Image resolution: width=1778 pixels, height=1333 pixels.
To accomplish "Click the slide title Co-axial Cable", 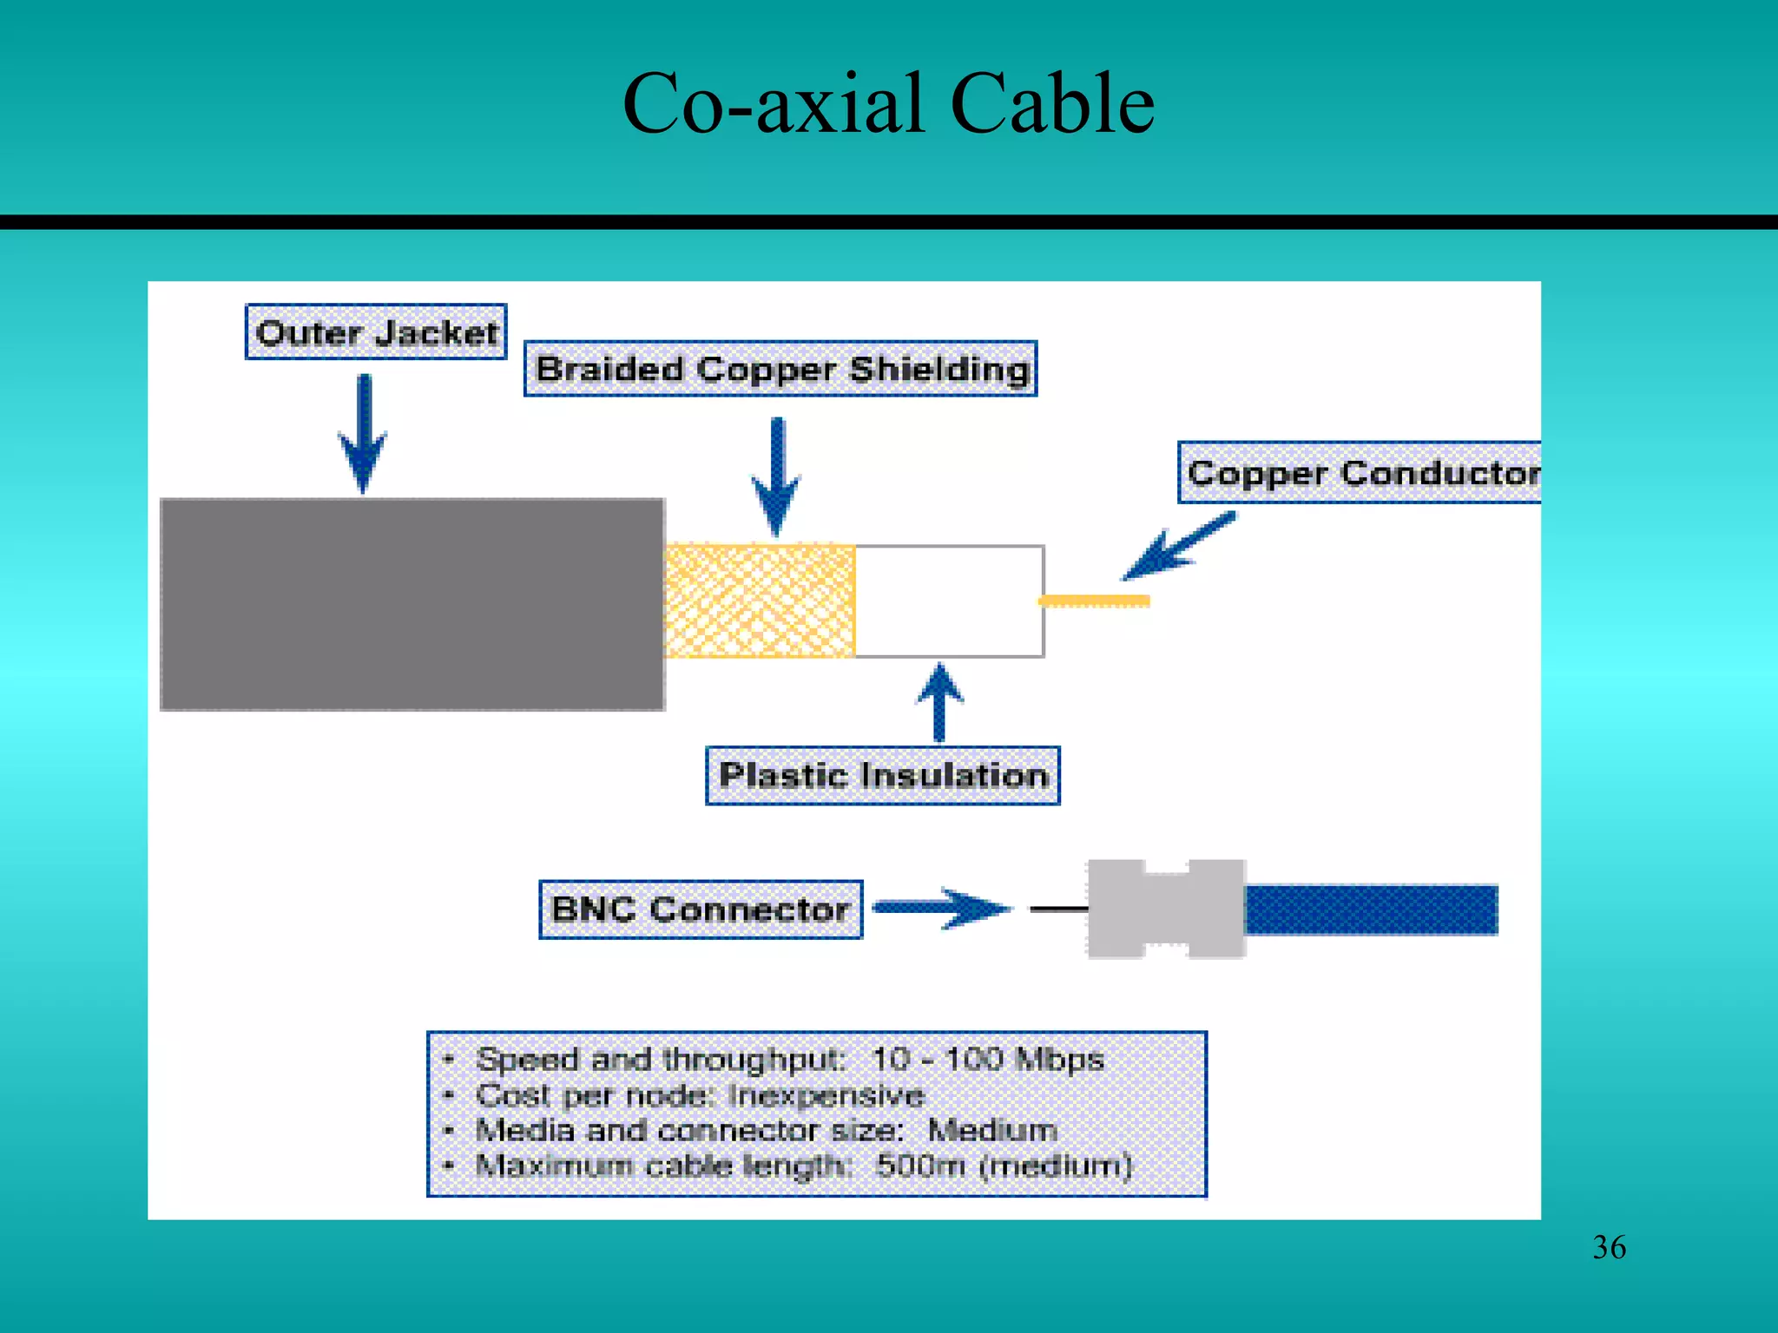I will (888, 104).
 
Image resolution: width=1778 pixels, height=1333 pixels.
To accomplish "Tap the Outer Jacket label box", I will (376, 332).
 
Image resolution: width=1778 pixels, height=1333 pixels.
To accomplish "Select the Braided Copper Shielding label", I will (780, 369).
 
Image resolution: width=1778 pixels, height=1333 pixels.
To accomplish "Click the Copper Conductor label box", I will (1360, 473).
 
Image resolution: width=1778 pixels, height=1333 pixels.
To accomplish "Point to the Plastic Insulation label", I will (883, 775).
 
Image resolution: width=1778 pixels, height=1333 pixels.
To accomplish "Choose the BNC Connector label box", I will (701, 909).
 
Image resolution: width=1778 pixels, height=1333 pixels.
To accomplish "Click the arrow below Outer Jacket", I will (364, 434).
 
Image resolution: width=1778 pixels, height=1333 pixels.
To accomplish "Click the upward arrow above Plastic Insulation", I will (939, 702).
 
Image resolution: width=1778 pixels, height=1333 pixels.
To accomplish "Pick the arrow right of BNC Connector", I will (942, 909).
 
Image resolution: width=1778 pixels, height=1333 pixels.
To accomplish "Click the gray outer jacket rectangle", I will (412, 604).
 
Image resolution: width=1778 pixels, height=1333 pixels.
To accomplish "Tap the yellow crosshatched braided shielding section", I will (760, 601).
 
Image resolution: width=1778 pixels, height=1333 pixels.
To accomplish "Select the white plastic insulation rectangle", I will (949, 601).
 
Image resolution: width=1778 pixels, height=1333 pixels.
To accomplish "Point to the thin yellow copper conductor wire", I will (1095, 601).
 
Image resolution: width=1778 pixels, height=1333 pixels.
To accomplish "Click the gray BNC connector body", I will (1166, 909).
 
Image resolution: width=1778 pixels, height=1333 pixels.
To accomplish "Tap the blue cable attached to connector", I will (1371, 909).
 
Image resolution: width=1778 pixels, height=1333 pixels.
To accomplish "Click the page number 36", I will (1609, 1247).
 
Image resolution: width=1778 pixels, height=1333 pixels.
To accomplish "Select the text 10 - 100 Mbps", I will (987, 1059).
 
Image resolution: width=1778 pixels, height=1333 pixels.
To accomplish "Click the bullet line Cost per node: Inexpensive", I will (700, 1095).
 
